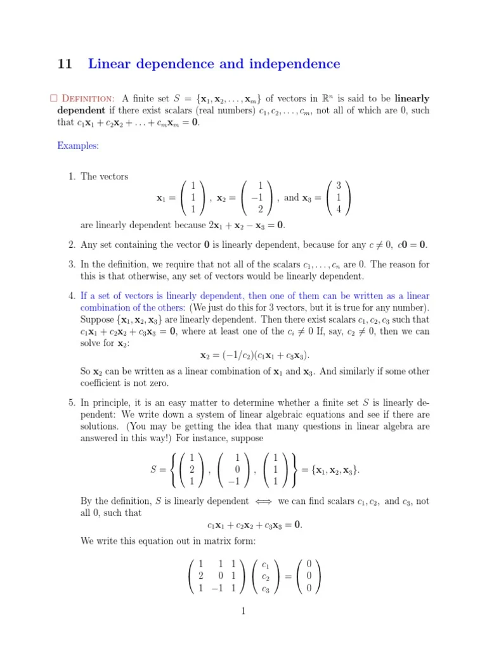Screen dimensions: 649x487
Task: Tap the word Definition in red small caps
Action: click(x=88, y=99)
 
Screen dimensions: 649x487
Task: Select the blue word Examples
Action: click(x=78, y=146)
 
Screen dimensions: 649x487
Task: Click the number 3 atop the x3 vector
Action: click(x=339, y=186)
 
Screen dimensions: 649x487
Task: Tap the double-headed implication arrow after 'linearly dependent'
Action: click(x=263, y=501)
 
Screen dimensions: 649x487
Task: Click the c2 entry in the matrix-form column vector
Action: click(x=266, y=576)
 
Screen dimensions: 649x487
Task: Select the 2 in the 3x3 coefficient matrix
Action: click(x=200, y=576)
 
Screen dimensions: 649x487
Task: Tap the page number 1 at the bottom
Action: click(x=243, y=611)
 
